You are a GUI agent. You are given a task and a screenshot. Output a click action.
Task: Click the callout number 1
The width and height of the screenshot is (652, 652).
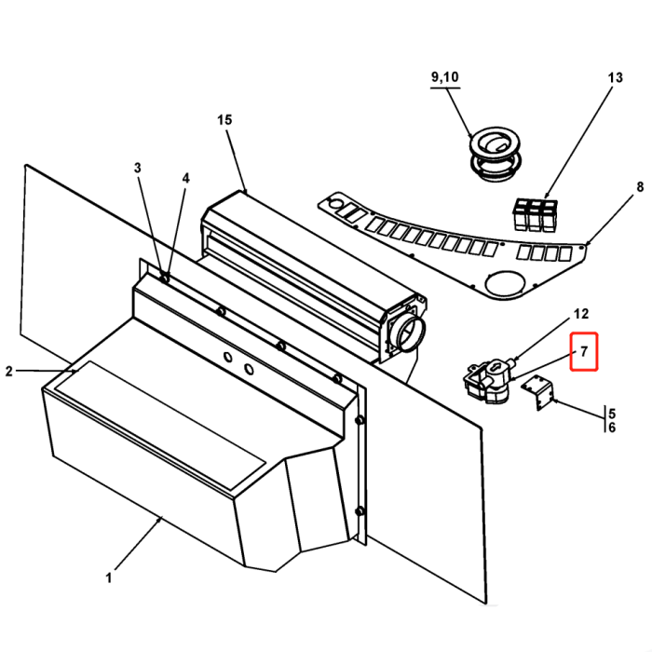pyautogui.click(x=108, y=577)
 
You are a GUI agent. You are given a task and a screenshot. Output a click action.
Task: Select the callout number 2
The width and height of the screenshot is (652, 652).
pyautogui.click(x=9, y=372)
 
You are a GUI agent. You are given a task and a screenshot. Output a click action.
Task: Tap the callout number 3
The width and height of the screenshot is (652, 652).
pyautogui.click(x=138, y=169)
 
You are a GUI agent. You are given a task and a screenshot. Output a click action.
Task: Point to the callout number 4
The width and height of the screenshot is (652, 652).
pyautogui.click(x=185, y=178)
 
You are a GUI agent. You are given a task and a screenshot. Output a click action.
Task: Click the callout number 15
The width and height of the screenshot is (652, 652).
pyautogui.click(x=224, y=120)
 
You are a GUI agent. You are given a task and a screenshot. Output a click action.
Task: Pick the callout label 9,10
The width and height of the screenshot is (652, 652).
pyautogui.click(x=444, y=76)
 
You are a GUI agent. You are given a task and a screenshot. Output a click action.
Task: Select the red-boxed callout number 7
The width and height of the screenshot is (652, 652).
pyautogui.click(x=583, y=352)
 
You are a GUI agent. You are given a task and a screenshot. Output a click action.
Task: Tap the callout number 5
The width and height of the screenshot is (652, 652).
pyautogui.click(x=611, y=412)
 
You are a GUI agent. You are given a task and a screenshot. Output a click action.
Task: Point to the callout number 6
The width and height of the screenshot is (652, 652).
pyautogui.click(x=611, y=428)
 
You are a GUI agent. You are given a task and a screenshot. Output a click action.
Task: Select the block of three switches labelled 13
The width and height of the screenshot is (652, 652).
pyautogui.click(x=536, y=213)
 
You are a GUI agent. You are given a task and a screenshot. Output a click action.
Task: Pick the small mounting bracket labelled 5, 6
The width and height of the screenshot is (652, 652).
pyautogui.click(x=538, y=391)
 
